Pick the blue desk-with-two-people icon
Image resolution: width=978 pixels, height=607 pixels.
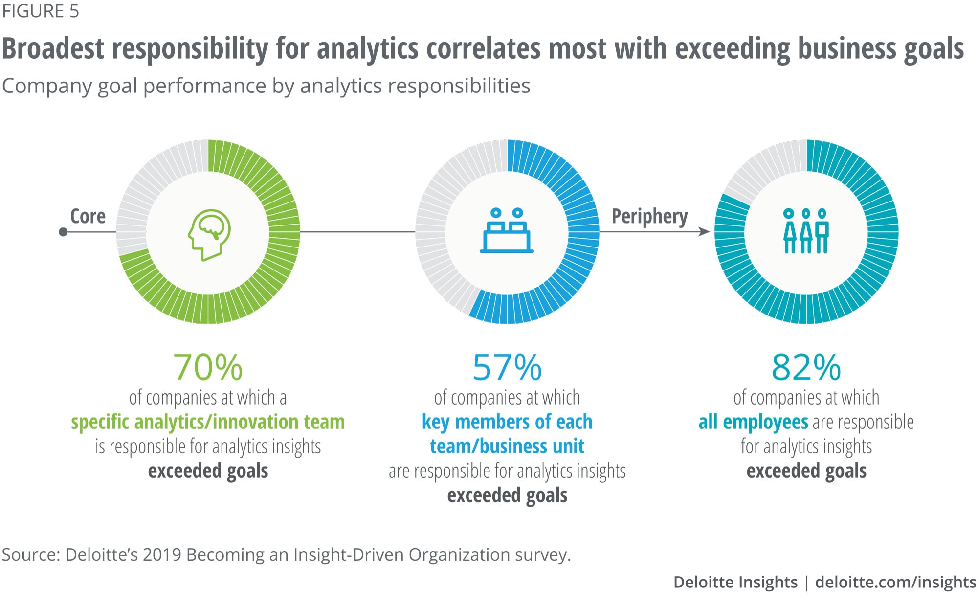(507, 230)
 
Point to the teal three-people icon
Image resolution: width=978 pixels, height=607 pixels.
(806, 231)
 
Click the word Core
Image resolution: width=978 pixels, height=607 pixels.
(88, 216)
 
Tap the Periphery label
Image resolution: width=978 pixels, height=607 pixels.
(649, 216)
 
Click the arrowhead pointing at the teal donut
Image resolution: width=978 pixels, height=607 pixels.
(704, 232)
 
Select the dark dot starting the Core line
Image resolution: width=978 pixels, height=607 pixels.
(63, 232)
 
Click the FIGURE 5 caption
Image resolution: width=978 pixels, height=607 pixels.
(41, 11)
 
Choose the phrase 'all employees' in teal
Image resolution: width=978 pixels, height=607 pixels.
(753, 422)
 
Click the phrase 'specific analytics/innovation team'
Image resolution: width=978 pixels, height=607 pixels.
(208, 422)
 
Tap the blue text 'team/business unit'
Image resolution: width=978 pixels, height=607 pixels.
(507, 447)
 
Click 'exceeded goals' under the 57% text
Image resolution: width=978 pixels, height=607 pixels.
(507, 495)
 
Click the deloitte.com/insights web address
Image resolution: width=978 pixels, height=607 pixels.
(896, 582)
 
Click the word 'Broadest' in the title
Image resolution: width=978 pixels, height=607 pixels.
(53, 49)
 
